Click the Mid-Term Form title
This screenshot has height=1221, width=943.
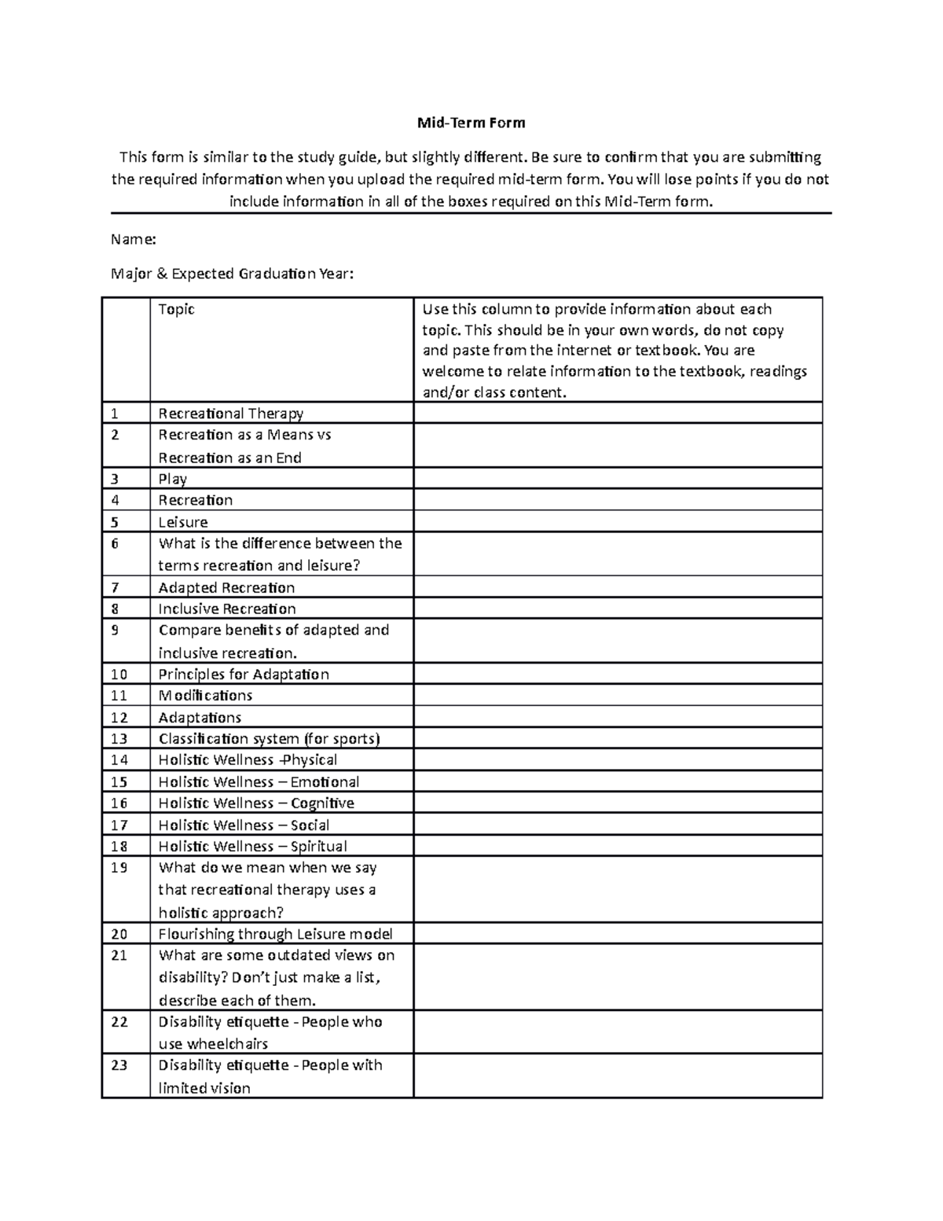[x=471, y=123]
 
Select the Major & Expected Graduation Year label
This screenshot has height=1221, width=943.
[x=233, y=274]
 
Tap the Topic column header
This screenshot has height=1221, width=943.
[x=176, y=309]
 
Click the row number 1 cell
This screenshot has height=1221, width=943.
[x=126, y=413]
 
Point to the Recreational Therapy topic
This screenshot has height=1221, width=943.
[x=230, y=413]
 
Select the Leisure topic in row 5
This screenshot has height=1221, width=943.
[x=182, y=522]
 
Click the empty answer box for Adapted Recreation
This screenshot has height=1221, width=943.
[x=617, y=587]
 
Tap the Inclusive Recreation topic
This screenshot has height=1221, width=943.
[x=226, y=609]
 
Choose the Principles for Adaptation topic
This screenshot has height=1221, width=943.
[x=244, y=674]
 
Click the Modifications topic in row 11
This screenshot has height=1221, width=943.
[x=205, y=695]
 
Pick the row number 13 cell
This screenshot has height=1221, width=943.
[x=126, y=738]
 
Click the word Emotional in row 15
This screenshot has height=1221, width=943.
[x=325, y=782]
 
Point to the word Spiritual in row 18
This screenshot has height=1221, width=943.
[x=318, y=846]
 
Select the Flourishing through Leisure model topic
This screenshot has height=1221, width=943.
[x=275, y=933]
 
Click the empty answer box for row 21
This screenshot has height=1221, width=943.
[x=617, y=977]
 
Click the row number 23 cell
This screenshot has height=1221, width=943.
[x=126, y=1076]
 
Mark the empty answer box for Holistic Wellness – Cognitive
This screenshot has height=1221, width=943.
[x=617, y=803]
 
